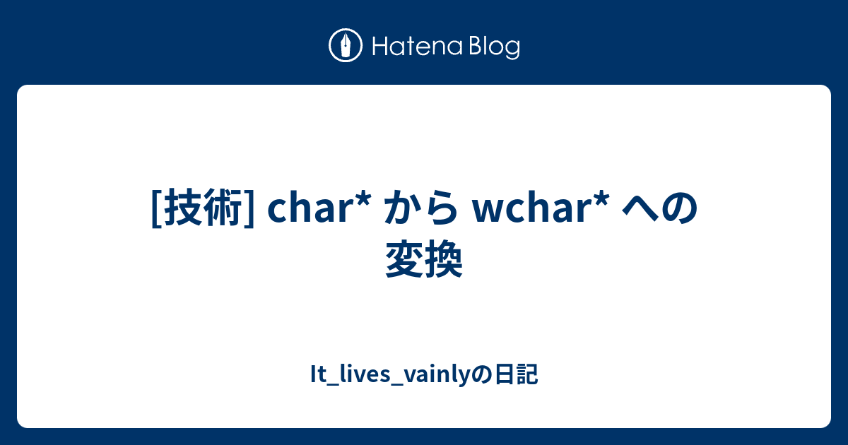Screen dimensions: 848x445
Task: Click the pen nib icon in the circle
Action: point(346,45)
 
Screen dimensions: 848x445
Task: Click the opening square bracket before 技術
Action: point(156,208)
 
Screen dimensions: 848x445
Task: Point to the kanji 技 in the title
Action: point(183,208)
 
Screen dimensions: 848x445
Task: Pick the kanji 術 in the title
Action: point(223,208)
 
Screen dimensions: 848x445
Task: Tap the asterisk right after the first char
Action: point(363,200)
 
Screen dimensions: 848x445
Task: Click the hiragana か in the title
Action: point(404,208)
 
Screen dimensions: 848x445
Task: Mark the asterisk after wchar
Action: point(601,200)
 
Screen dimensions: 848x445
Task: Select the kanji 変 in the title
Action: point(405,259)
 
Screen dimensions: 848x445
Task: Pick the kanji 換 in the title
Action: point(444,259)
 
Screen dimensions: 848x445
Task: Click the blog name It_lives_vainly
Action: point(390,374)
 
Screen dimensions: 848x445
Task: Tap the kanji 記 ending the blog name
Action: point(526,374)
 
